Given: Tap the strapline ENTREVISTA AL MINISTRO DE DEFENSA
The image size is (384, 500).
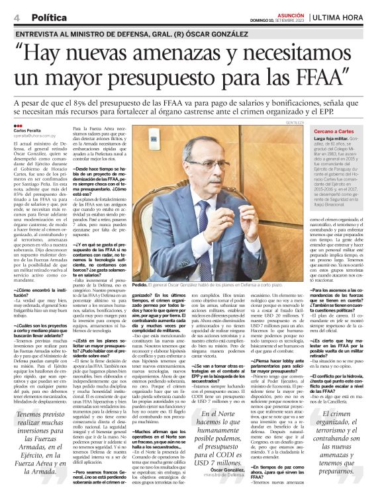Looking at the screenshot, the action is pyautogui.click(x=99, y=32).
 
